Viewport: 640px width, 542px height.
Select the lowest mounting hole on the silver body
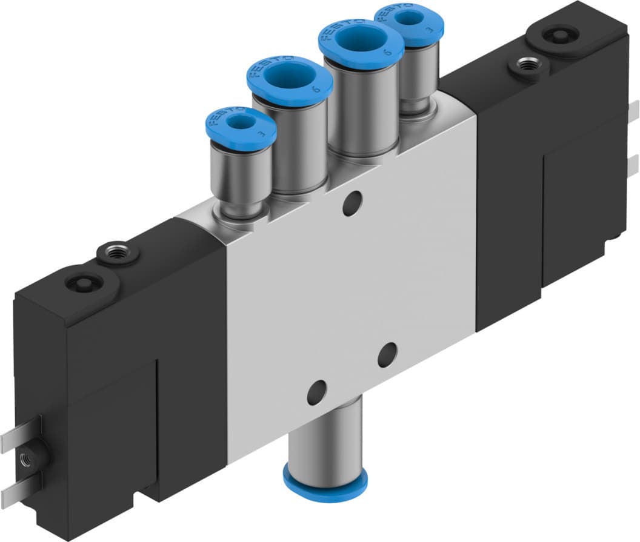pyautogui.click(x=316, y=393)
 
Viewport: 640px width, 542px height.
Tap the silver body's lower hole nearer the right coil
pyautogui.click(x=387, y=355)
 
